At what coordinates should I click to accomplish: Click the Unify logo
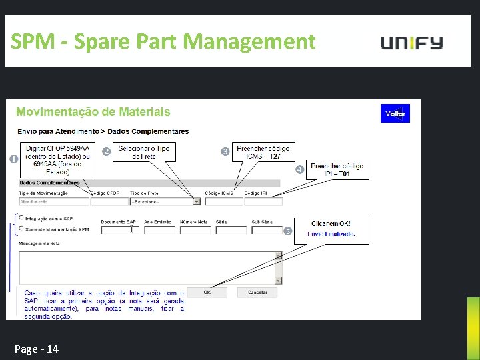click(x=411, y=43)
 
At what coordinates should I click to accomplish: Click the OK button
click(x=207, y=292)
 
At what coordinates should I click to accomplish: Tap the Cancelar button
click(x=257, y=292)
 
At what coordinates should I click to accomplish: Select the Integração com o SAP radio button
click(x=21, y=217)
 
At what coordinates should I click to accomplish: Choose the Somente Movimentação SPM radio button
click(x=21, y=229)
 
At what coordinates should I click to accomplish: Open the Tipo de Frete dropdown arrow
click(x=196, y=201)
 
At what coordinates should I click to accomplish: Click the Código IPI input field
click(x=263, y=201)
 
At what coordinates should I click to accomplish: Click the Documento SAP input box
click(x=115, y=230)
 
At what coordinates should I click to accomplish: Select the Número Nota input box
click(x=195, y=230)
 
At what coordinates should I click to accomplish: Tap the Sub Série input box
click(x=267, y=230)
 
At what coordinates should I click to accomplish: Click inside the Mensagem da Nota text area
click(x=147, y=267)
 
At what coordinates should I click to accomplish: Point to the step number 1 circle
click(x=13, y=159)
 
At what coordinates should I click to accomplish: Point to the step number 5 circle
click(x=288, y=231)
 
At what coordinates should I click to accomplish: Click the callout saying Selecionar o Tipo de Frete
click(x=144, y=151)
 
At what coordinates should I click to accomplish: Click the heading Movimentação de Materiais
click(x=93, y=112)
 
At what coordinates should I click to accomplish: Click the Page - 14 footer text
click(x=37, y=349)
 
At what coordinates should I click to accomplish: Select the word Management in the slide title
click(x=249, y=42)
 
